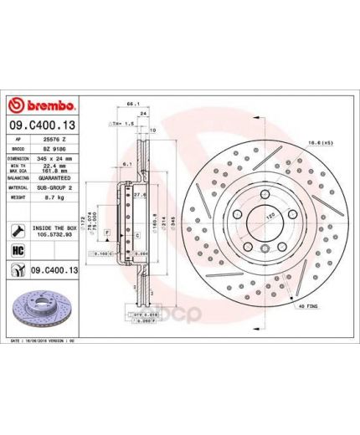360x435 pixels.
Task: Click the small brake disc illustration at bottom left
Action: pyautogui.click(x=41, y=304)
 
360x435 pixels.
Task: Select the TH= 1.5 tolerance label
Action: pyautogui.click(x=122, y=122)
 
